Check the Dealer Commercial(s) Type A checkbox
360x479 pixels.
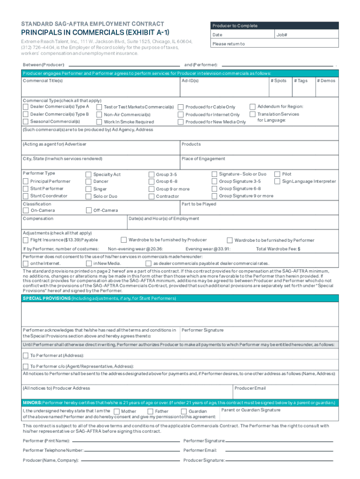[26, 107]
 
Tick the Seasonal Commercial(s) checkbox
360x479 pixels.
[26, 122]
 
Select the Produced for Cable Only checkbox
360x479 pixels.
[180, 107]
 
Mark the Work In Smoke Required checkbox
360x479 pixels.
[99, 122]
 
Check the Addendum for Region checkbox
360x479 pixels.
[252, 107]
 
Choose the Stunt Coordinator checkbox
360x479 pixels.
[26, 196]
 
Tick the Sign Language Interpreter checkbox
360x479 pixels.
[277, 181]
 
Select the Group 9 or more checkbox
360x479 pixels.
[151, 189]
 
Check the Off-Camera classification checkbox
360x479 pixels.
[89, 210]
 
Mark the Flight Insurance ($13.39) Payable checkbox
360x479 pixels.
[26, 240]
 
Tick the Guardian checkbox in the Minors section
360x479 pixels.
[184, 412]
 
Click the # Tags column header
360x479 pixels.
[301, 81]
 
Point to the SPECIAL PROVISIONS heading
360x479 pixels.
[45, 298]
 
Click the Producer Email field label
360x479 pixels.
[250, 388]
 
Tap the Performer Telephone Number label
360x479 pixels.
[53, 450]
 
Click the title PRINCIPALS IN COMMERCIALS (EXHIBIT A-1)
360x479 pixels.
[95, 33]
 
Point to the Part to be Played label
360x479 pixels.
[199, 204]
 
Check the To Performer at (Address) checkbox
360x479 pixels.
[26, 356]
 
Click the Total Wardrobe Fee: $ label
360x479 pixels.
[278, 249]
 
